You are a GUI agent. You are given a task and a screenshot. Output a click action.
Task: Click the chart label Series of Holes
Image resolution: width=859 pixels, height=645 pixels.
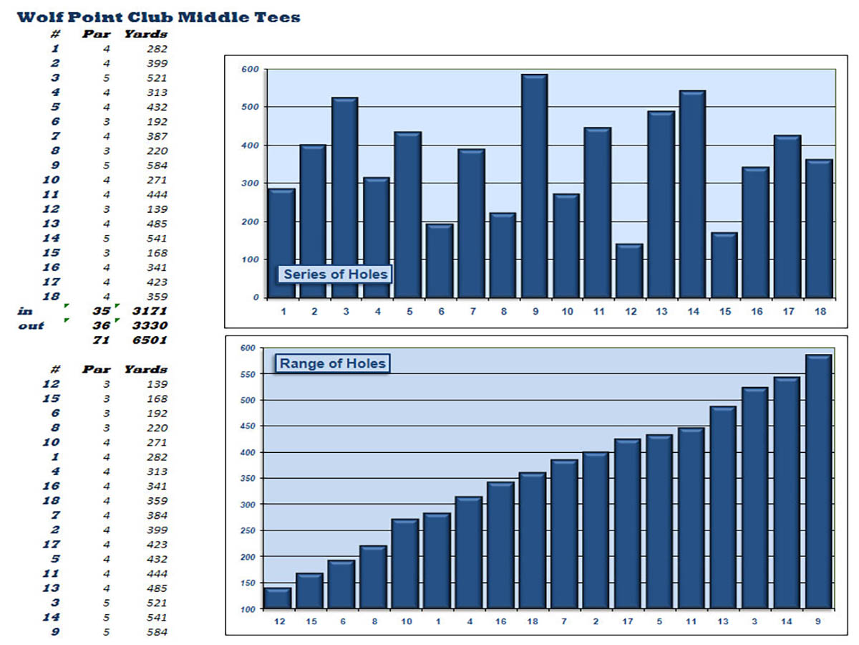tap(336, 274)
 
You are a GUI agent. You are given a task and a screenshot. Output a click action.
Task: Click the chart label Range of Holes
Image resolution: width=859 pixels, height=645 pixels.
tap(333, 363)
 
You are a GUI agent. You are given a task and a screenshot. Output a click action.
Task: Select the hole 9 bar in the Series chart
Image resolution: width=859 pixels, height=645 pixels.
tap(534, 186)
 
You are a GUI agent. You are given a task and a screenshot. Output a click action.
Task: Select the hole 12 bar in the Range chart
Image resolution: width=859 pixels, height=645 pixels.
tap(278, 598)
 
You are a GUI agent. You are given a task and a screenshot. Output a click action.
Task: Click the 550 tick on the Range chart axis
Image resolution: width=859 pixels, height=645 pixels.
tap(248, 374)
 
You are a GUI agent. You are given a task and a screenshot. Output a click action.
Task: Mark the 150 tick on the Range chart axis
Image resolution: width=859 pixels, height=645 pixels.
tap(248, 583)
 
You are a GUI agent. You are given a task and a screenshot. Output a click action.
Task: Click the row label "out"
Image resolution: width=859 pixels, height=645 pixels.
tap(31, 326)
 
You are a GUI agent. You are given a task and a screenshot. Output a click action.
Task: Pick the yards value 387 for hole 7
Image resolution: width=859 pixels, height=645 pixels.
tap(156, 136)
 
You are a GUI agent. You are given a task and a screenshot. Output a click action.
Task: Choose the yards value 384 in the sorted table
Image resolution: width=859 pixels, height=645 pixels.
tap(156, 515)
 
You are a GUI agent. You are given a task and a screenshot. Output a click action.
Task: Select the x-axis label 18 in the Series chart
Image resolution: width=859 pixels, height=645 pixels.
tap(818, 312)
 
